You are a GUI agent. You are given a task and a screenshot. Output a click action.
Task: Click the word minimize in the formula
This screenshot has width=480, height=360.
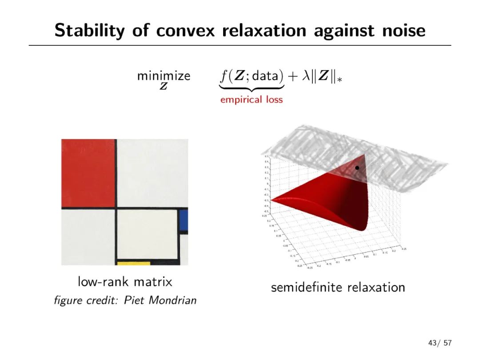point(164,76)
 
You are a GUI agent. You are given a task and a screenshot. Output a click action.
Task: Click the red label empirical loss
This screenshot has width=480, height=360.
point(252,100)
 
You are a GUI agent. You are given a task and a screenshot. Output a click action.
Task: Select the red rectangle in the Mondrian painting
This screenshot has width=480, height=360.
point(88,173)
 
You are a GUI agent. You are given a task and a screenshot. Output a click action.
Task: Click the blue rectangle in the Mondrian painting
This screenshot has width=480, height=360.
point(183,220)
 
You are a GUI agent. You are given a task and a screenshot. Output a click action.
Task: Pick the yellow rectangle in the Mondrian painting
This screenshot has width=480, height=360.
point(133,263)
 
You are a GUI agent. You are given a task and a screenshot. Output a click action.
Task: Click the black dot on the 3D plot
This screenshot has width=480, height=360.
point(357,168)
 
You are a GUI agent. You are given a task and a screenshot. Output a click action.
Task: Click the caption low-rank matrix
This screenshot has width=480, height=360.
point(125,282)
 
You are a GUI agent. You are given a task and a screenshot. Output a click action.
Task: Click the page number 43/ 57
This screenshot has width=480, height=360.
point(440,343)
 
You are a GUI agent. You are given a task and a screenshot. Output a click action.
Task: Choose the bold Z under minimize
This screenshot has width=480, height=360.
point(164,86)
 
